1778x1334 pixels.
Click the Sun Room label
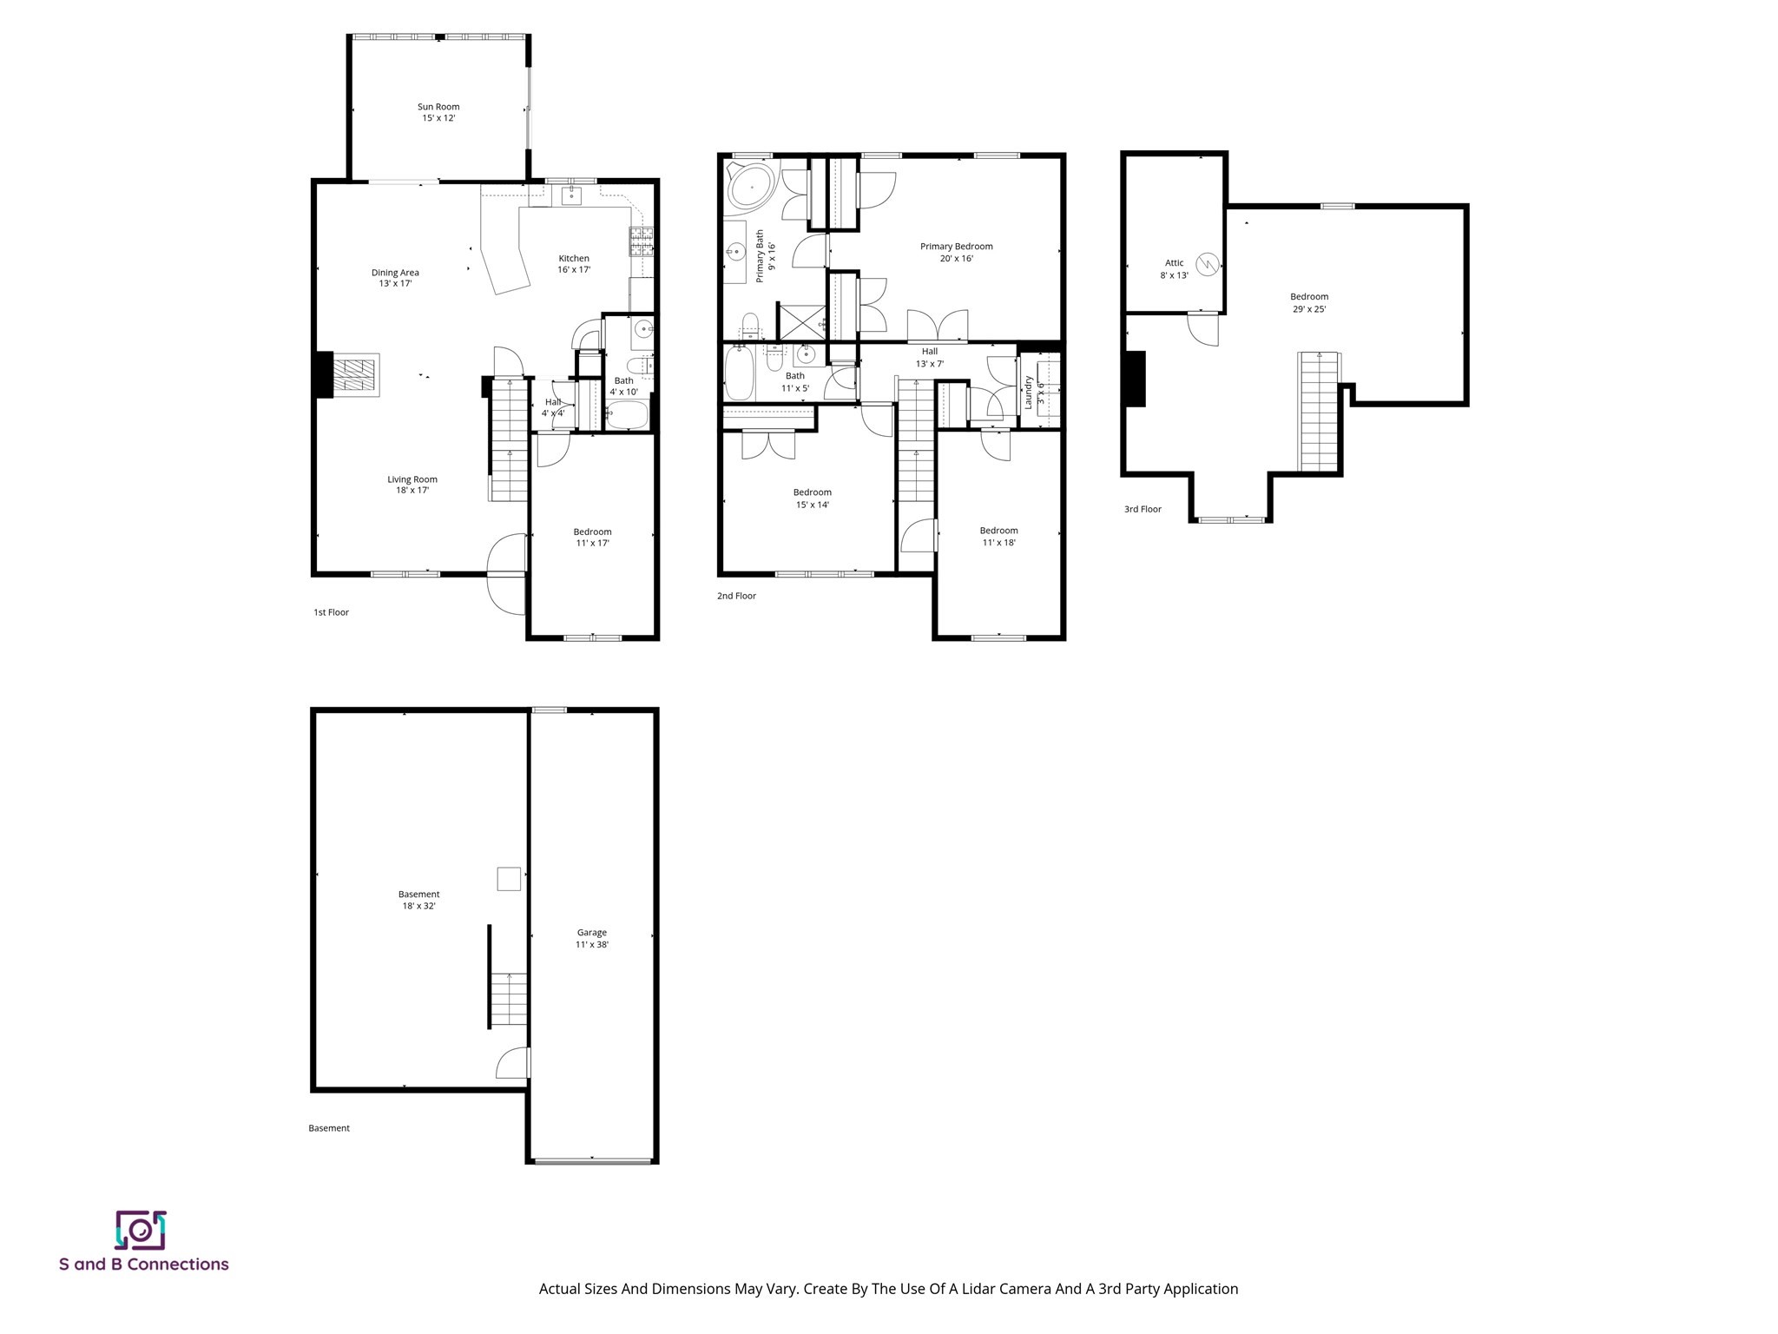coord(438,112)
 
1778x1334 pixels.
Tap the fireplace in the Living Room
coord(356,375)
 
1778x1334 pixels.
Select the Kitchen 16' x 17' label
coord(574,264)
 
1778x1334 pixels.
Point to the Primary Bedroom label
coord(956,252)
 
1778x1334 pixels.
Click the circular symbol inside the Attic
coord(1207,264)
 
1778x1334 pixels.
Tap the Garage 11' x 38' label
coord(592,938)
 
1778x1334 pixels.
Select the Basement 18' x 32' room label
coord(418,900)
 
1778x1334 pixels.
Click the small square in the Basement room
coord(509,879)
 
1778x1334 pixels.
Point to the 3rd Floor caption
coord(1143,509)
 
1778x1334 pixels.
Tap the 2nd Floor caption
coord(736,596)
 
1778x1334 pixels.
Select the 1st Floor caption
coord(331,612)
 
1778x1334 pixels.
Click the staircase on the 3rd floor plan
coord(1319,413)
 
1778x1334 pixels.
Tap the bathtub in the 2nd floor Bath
coord(739,374)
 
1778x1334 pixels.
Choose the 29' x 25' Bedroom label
coord(1308,302)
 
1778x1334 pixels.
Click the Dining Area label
coord(395,278)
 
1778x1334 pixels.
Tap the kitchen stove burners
coord(641,241)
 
